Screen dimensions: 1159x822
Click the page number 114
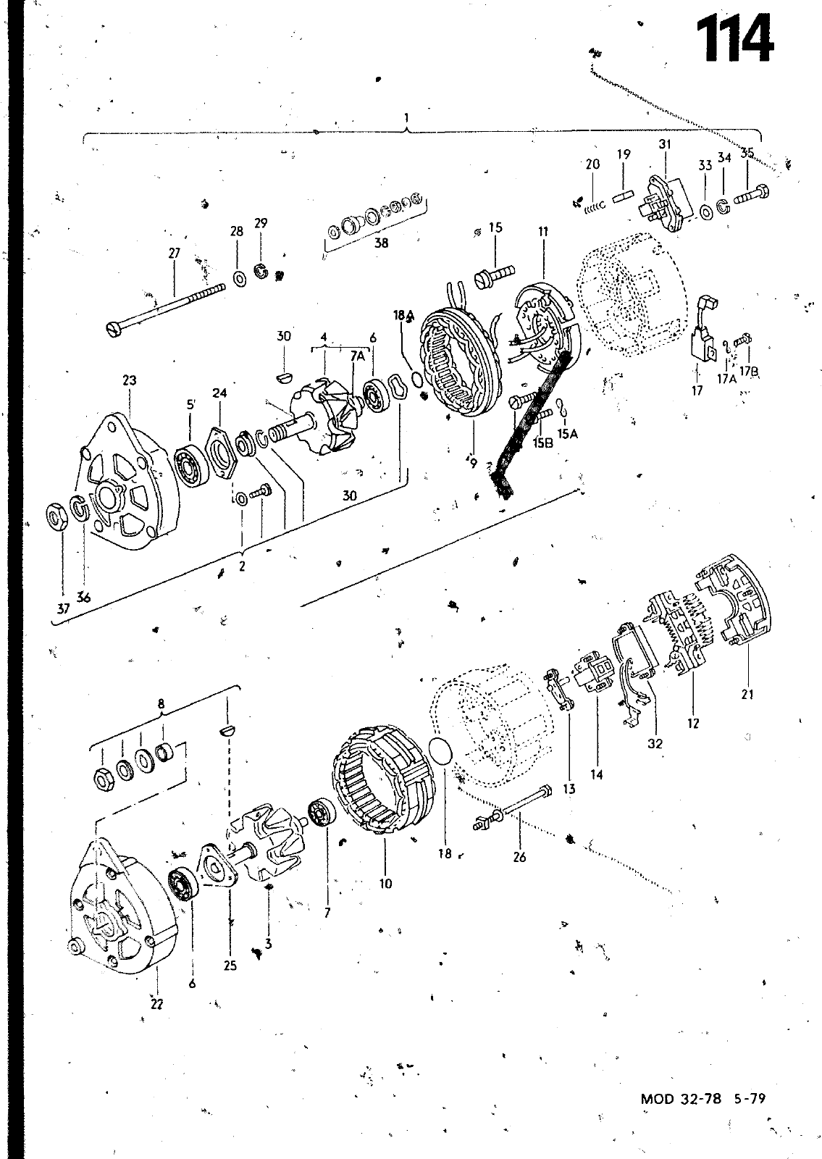[734, 43]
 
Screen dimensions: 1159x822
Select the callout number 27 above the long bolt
[175, 254]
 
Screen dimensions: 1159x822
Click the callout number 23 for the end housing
[130, 380]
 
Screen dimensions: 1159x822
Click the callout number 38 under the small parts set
[381, 243]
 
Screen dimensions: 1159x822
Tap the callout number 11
[543, 232]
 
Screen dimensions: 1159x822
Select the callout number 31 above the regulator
[665, 144]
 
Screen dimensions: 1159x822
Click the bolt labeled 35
[750, 195]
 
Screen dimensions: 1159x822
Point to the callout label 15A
[567, 434]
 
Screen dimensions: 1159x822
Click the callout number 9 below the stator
[474, 464]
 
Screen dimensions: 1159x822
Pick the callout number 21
[747, 694]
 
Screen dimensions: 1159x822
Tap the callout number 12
[693, 722]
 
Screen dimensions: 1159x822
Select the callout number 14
[596, 774]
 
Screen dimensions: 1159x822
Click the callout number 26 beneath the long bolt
[519, 858]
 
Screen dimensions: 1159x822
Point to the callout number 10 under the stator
[385, 883]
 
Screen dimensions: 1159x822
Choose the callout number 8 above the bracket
[161, 702]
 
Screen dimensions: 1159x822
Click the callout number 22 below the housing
[157, 1003]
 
